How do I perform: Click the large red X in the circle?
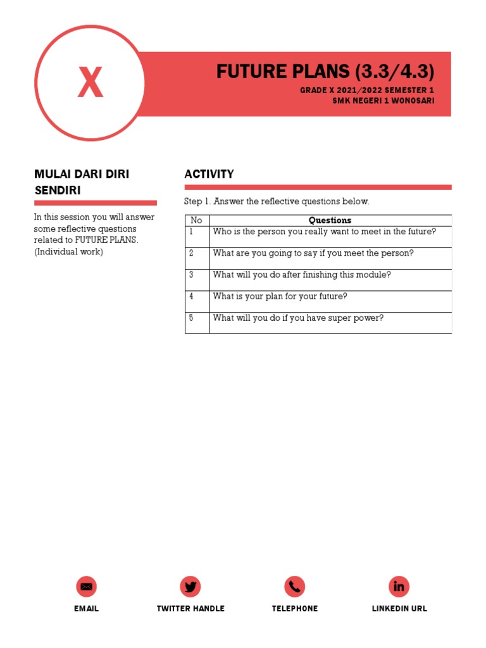tap(90, 83)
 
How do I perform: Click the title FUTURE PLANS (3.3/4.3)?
tap(325, 72)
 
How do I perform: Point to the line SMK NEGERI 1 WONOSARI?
tap(383, 101)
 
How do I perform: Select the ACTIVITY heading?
tap(209, 174)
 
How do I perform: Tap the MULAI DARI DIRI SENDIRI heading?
tap(81, 182)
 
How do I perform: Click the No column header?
tap(196, 220)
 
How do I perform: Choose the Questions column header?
tap(330, 220)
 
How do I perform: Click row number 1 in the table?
tap(191, 232)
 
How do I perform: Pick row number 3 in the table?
tap(191, 275)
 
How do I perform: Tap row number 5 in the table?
tap(191, 318)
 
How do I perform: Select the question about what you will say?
tap(313, 253)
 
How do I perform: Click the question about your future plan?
tap(280, 296)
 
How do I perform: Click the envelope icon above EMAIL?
tap(86, 587)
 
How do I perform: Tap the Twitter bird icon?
tap(190, 587)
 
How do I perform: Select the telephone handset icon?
tap(295, 587)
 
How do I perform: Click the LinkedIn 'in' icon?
tap(399, 587)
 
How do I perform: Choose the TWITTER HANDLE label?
tap(190, 609)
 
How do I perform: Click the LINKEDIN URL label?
tap(399, 609)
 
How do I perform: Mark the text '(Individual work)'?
tap(68, 252)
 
